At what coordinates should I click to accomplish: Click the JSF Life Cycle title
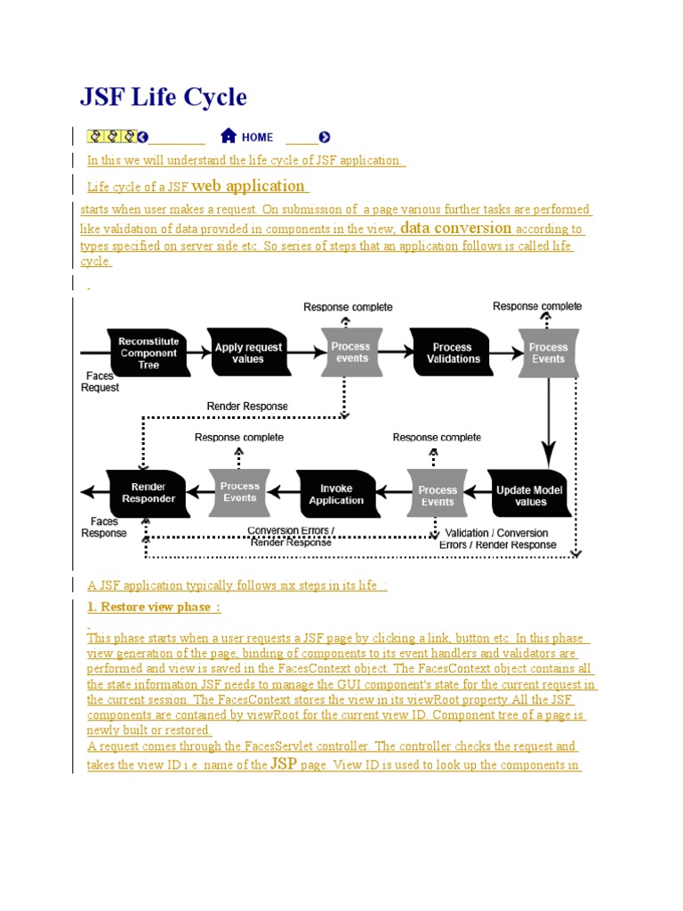pos(164,97)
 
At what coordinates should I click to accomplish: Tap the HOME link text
pos(257,137)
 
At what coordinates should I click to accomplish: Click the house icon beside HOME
pos(229,136)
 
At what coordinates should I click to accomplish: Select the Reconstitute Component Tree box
pos(149,353)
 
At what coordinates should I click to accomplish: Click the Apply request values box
pos(248,353)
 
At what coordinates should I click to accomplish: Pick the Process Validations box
pos(453,353)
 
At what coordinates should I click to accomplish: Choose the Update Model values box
pos(529,496)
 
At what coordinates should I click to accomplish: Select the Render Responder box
pos(149,493)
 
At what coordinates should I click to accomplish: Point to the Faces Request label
pos(100,382)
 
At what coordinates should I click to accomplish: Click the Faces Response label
pos(104,527)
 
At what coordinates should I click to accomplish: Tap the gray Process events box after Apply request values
pos(352,352)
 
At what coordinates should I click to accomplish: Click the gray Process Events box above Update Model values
pos(548,353)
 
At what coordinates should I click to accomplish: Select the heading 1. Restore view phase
pos(154,607)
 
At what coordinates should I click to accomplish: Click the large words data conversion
pos(456,228)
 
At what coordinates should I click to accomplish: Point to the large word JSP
pos(284,763)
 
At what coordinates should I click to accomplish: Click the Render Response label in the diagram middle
pos(247,407)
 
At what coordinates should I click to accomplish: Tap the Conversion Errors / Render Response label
pos(291,536)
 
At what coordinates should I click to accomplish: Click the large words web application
pos(248,186)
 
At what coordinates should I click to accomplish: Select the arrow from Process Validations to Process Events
pos(503,353)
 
